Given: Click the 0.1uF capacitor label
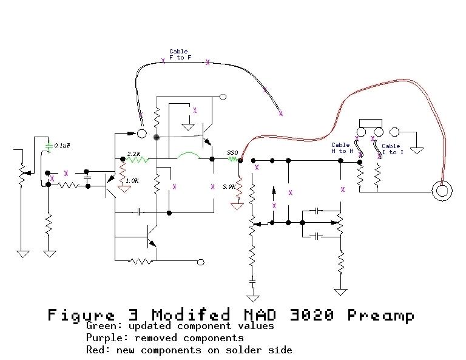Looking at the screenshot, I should pos(62,146).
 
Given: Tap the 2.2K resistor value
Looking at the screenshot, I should pos(133,154).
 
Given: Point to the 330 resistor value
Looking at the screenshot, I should pos(232,152).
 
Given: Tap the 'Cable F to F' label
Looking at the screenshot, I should pos(180,55).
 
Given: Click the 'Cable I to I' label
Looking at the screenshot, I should pos(391,149).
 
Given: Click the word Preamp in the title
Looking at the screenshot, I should pos(381,315).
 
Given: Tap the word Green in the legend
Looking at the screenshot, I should pos(100,326).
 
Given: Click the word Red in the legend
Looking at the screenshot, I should pos(95,350).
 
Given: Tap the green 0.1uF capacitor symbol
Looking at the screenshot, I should pos(49,146).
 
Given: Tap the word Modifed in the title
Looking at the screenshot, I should pos(191,315).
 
